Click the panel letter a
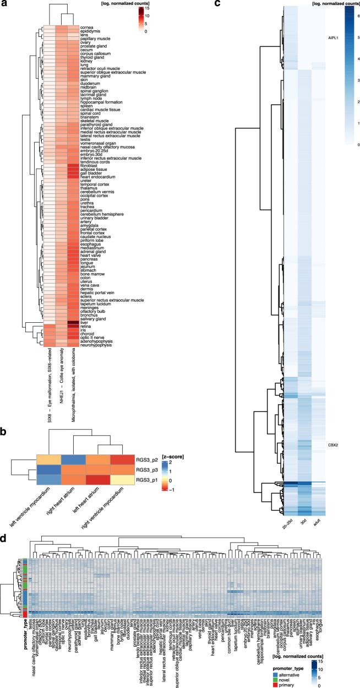[x=4, y=4]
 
